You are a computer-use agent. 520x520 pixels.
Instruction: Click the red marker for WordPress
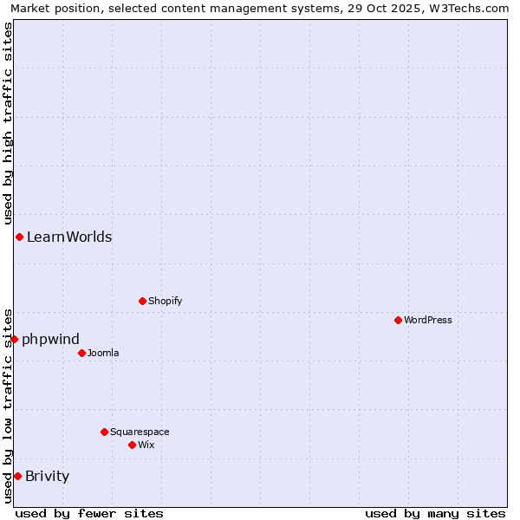click(x=398, y=320)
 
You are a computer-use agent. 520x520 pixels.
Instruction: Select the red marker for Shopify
click(x=142, y=301)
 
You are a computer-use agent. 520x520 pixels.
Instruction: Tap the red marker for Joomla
click(x=81, y=353)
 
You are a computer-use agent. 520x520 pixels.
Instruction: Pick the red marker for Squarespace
click(x=104, y=432)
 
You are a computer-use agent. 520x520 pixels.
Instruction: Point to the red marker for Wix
click(x=132, y=445)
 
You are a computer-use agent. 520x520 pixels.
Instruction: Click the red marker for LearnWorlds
click(x=19, y=237)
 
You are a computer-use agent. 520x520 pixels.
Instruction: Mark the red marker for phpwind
click(x=14, y=339)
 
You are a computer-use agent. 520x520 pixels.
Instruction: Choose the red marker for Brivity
click(x=17, y=476)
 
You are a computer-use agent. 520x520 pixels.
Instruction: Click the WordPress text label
click(x=428, y=320)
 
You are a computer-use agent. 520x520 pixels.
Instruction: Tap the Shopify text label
click(x=165, y=301)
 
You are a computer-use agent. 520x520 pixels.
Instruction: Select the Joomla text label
click(x=103, y=353)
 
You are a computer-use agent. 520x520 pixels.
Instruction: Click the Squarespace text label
click(x=140, y=432)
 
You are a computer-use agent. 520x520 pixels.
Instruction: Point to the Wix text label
click(x=146, y=445)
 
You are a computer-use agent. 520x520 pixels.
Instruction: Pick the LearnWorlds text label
click(x=69, y=237)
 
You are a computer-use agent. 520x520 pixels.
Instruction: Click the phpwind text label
click(x=50, y=339)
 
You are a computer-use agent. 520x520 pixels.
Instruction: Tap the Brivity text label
click(x=48, y=476)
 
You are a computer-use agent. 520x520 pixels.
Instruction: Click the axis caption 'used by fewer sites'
click(x=89, y=513)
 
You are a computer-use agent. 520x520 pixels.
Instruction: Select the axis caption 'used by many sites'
click(x=435, y=513)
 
